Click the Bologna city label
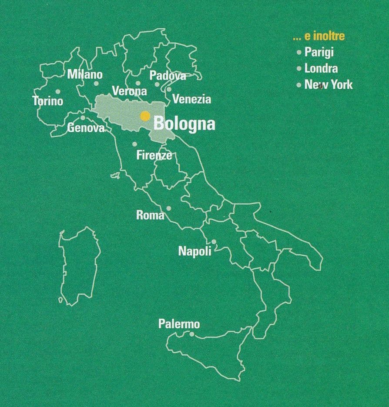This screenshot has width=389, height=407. [184, 124]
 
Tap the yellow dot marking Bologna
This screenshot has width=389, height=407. [145, 116]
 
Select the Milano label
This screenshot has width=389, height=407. [85, 74]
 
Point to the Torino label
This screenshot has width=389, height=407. [48, 101]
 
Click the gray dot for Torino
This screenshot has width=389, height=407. [58, 92]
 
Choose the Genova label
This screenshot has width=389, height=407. [86, 128]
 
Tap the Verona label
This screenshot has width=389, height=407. [130, 91]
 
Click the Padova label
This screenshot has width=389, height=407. [168, 76]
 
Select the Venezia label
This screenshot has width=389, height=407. [191, 99]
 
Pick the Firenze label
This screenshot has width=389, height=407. [154, 155]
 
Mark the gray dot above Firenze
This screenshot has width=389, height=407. [135, 144]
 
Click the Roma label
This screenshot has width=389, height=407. [150, 215]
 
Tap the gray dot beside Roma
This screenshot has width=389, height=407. [169, 208]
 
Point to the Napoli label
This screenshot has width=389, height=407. [194, 251]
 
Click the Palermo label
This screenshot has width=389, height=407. [179, 324]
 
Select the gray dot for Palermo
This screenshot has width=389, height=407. [192, 334]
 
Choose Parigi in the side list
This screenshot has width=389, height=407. [319, 52]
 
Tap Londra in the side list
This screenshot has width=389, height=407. [321, 68]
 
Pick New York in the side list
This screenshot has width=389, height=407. [329, 84]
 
